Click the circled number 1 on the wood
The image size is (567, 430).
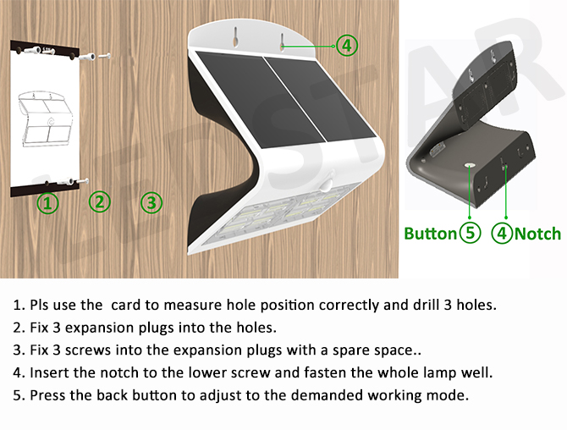tap(47, 202)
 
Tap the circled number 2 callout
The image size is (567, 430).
tap(100, 201)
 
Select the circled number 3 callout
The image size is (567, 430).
tap(151, 202)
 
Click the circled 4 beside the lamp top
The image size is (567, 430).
tap(347, 46)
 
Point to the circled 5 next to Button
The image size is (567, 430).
tap(470, 233)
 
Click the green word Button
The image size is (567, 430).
tap(430, 234)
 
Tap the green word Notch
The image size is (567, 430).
tap(537, 234)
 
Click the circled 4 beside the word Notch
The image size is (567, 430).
tap(503, 234)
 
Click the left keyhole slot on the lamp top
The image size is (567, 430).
tap(235, 37)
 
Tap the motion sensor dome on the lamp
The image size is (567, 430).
tap(328, 184)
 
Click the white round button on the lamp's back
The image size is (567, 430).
tap(470, 166)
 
